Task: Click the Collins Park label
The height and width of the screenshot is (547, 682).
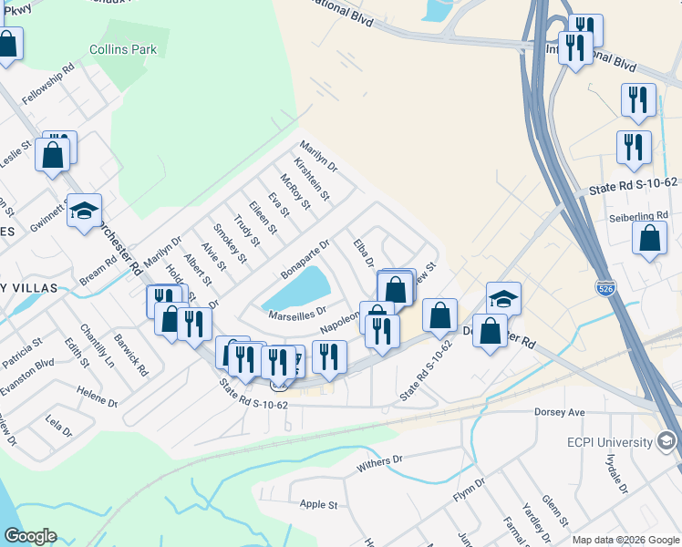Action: (x=123, y=49)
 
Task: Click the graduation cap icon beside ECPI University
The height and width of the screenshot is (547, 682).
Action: (x=666, y=442)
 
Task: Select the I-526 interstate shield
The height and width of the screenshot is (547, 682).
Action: (x=605, y=288)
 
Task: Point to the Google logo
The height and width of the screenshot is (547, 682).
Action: (x=30, y=535)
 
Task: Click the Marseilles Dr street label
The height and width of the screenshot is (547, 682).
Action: (x=297, y=315)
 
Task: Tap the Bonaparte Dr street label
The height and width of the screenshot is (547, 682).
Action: (x=305, y=258)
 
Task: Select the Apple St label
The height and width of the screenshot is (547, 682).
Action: (x=319, y=504)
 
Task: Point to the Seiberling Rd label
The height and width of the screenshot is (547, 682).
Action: (x=639, y=219)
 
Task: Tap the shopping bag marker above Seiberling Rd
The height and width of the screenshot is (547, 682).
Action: (x=649, y=239)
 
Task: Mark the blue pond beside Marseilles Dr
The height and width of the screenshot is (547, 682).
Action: (x=296, y=289)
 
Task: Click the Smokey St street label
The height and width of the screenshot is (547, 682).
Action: (x=230, y=243)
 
